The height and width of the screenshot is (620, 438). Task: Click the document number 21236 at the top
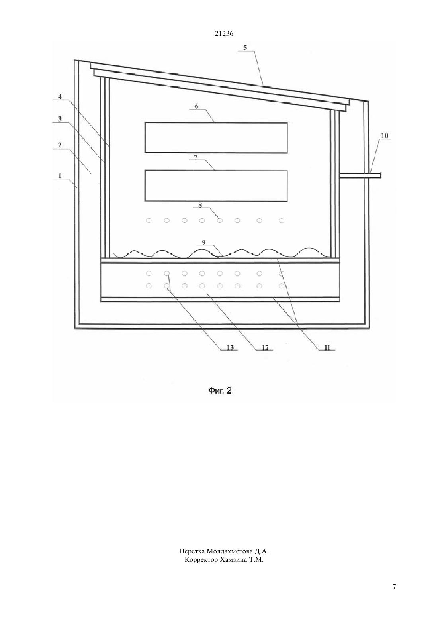click(224, 34)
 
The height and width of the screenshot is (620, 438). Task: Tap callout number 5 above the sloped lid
click(245, 47)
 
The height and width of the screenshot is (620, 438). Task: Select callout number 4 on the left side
click(60, 97)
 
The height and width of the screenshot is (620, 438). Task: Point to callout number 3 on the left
click(60, 119)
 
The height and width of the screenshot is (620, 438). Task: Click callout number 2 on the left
click(60, 145)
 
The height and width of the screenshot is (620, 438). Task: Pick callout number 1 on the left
click(60, 175)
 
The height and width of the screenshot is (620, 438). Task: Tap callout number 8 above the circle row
click(200, 205)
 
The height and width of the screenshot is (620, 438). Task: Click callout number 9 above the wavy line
click(204, 243)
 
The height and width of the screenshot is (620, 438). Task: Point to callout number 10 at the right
click(385, 135)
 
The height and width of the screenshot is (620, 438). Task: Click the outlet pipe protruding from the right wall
click(361, 175)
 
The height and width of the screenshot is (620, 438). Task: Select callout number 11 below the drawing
click(327, 347)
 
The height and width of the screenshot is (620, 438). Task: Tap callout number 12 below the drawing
click(265, 347)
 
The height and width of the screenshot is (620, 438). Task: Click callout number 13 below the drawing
click(230, 347)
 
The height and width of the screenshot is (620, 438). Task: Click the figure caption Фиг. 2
click(220, 390)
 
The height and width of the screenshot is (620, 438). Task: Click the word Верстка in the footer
click(192, 551)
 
